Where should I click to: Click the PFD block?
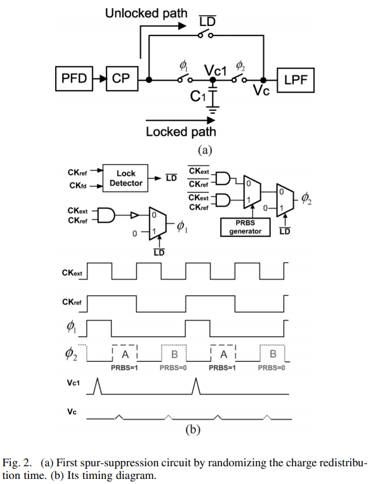(x=74, y=79)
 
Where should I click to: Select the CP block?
(x=120, y=79)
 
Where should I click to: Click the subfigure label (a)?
(x=202, y=150)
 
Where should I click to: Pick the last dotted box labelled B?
(x=273, y=353)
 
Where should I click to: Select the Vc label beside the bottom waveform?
(x=73, y=411)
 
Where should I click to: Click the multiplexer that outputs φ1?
(x=155, y=223)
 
